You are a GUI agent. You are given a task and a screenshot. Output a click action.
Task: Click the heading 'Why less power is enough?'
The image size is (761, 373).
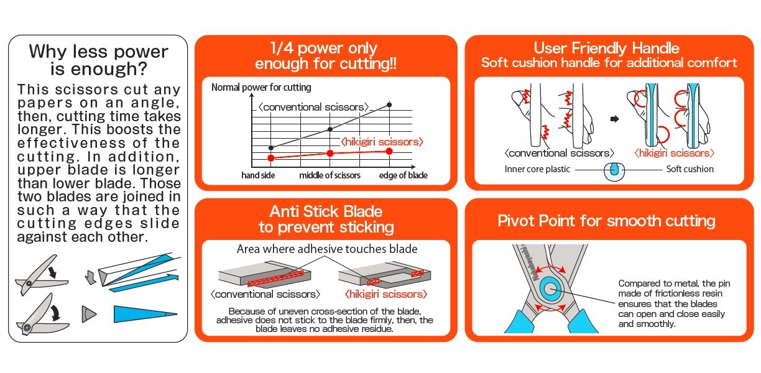pyautogui.click(x=98, y=60)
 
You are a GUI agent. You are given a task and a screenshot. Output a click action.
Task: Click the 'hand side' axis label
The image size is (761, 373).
pyautogui.click(x=258, y=175)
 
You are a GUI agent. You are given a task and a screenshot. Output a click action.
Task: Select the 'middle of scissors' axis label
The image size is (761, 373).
pyautogui.click(x=330, y=175)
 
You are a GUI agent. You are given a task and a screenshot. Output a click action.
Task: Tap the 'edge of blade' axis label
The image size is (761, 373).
pyautogui.click(x=404, y=175)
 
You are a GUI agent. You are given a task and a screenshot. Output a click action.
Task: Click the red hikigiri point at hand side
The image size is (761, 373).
pyautogui.click(x=271, y=158)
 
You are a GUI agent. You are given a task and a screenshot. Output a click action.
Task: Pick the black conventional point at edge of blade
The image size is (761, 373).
pyautogui.click(x=389, y=104)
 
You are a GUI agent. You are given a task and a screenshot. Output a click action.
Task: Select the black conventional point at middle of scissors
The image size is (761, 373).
pyautogui.click(x=330, y=129)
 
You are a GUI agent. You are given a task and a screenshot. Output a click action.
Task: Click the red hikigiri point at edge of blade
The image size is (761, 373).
pyautogui.click(x=389, y=151)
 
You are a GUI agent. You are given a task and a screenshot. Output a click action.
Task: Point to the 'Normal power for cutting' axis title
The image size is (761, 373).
pyautogui.click(x=261, y=87)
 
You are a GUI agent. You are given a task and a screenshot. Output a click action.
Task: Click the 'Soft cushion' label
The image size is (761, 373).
pyautogui.click(x=690, y=169)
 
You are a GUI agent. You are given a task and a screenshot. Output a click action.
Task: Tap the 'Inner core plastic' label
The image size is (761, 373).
pyautogui.click(x=537, y=169)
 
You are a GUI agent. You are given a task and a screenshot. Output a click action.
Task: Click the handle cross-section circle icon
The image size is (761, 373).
pyautogui.click(x=614, y=171)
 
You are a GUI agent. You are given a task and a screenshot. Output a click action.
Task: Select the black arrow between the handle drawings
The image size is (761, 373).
pyautogui.click(x=614, y=119)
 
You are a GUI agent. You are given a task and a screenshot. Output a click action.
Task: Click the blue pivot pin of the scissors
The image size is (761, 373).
pyautogui.click(x=550, y=289)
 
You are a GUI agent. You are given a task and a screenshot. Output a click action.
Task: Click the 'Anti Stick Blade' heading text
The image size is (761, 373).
pyautogui.click(x=326, y=211)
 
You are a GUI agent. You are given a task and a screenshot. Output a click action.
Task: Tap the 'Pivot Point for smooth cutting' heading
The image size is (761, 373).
pyautogui.click(x=606, y=221)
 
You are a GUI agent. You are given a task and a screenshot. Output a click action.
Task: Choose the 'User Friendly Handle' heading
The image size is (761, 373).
pyautogui.click(x=606, y=48)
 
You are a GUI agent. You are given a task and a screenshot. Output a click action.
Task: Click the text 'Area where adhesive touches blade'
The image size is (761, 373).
pyautogui.click(x=327, y=249)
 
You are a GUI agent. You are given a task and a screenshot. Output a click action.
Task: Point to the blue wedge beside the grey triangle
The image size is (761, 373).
pyautogui.click(x=145, y=314)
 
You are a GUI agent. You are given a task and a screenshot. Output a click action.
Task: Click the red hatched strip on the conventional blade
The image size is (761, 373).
pyautogui.click(x=275, y=279)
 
